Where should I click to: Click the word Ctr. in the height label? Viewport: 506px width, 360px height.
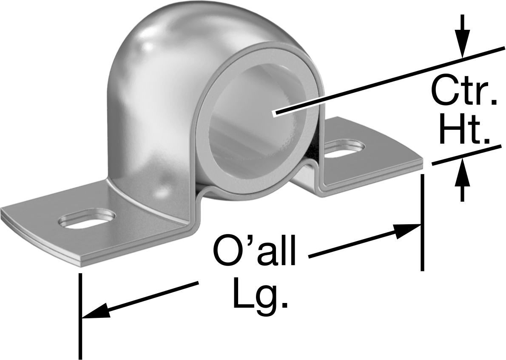tap(464, 91)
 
